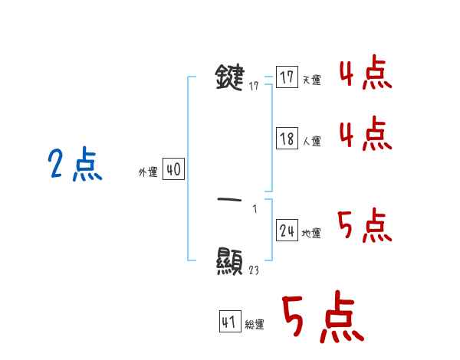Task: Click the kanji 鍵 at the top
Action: click(230, 78)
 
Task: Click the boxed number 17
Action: click(287, 77)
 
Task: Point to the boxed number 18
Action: click(287, 139)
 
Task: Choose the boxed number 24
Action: click(287, 231)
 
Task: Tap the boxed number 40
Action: click(173, 169)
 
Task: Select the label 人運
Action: click(312, 142)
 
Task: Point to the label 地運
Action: click(312, 234)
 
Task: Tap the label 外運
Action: click(147, 172)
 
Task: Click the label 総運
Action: click(255, 326)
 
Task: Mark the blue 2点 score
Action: click(74, 165)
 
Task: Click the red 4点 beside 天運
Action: click(365, 75)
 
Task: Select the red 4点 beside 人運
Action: click(365, 135)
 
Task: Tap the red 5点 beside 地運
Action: click(365, 225)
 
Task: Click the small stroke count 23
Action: click(254, 270)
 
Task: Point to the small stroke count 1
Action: click(255, 208)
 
